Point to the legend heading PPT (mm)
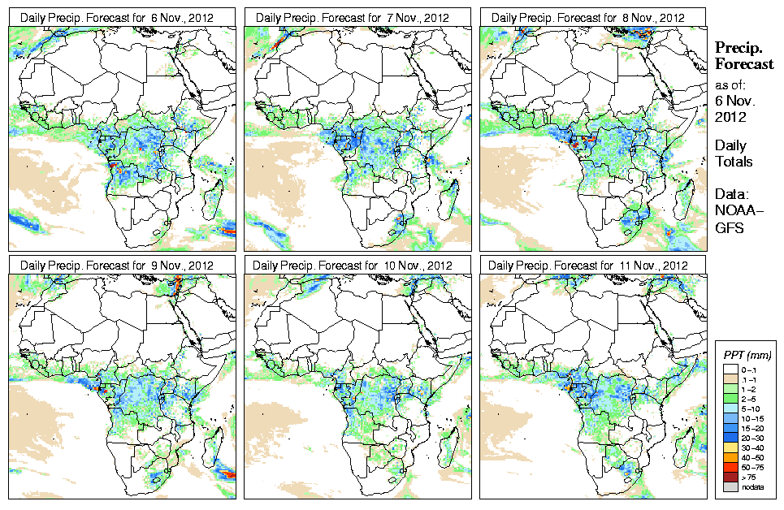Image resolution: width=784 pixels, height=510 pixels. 747,355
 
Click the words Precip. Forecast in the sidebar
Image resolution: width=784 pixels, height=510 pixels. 743,56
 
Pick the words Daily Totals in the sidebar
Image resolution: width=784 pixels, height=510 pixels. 734,153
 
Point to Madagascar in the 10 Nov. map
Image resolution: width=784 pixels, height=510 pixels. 448,441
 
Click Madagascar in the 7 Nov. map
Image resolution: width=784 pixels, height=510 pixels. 448,193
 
